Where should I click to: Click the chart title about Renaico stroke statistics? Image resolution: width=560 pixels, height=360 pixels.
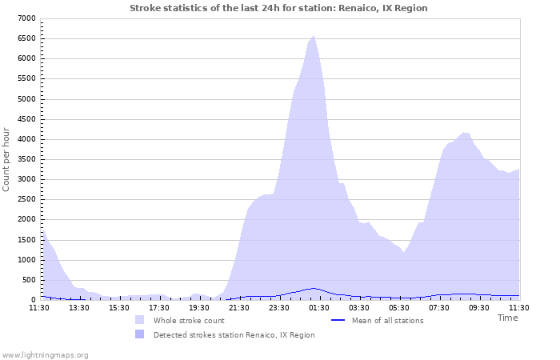pyautogui.click(x=278, y=8)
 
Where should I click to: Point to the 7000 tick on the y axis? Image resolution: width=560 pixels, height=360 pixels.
pyautogui.click(x=26, y=18)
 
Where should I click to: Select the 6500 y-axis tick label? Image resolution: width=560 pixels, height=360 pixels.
pyautogui.click(x=26, y=38)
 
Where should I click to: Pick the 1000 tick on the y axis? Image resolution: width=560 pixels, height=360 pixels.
pyautogui.click(x=26, y=259)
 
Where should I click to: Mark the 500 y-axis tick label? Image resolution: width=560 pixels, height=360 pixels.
pyautogui.click(x=29, y=279)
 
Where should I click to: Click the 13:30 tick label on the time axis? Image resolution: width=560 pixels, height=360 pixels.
pyautogui.click(x=79, y=307)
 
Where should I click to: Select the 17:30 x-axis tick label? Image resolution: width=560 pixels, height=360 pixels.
pyautogui.click(x=159, y=307)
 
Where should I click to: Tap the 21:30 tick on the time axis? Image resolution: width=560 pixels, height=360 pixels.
pyautogui.click(x=239, y=307)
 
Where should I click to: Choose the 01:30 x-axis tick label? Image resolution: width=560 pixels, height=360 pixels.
pyautogui.click(x=319, y=307)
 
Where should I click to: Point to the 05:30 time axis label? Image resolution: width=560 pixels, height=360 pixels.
pyautogui.click(x=399, y=307)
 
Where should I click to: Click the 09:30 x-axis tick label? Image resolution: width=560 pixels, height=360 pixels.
pyautogui.click(x=479, y=307)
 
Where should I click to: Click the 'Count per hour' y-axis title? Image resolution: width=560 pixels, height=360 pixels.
pyautogui.click(x=7, y=158)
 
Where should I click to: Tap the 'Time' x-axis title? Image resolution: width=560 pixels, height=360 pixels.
pyautogui.click(x=507, y=318)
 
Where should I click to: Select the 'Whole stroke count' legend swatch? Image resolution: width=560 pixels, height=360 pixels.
pyautogui.click(x=140, y=320)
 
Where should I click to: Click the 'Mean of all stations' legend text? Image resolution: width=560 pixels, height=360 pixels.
pyautogui.click(x=387, y=321)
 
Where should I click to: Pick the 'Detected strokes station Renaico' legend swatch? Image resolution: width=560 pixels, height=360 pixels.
pyautogui.click(x=140, y=334)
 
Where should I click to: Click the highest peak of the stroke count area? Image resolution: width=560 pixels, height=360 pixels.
pyautogui.click(x=314, y=35)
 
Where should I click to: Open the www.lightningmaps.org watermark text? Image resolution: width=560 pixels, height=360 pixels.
pyautogui.click(x=46, y=354)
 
